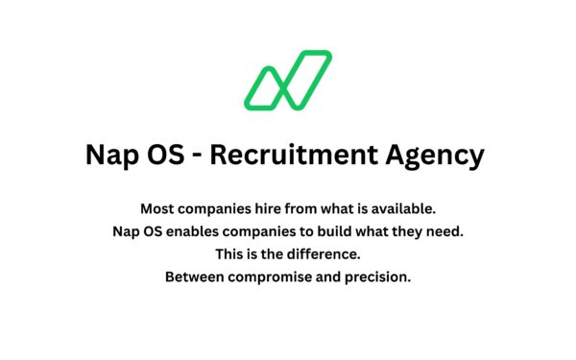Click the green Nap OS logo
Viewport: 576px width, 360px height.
(287, 80)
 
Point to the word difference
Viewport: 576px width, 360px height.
(323, 254)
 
